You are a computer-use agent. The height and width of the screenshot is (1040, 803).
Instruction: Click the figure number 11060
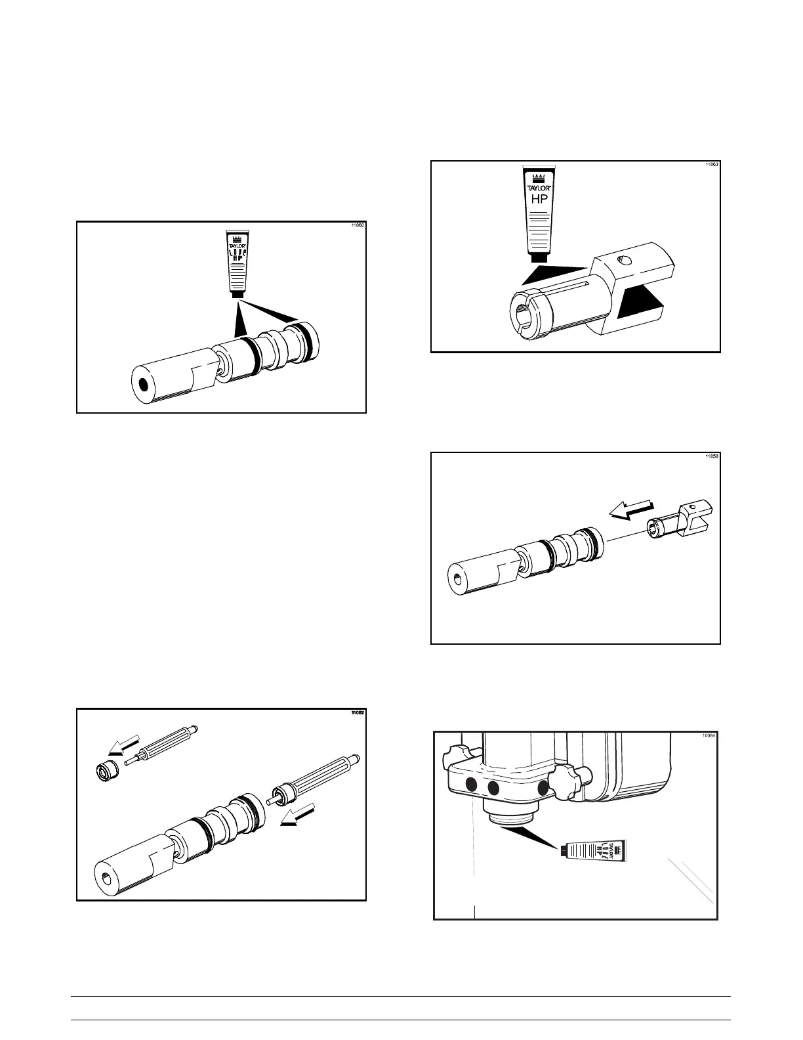(357, 226)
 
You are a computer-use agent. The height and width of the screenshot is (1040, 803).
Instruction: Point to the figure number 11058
(712, 456)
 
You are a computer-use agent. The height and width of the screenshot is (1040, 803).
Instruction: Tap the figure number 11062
(357, 713)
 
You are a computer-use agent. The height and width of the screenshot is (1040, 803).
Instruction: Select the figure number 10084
(709, 736)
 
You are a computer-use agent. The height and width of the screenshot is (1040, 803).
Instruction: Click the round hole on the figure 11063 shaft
(625, 261)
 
